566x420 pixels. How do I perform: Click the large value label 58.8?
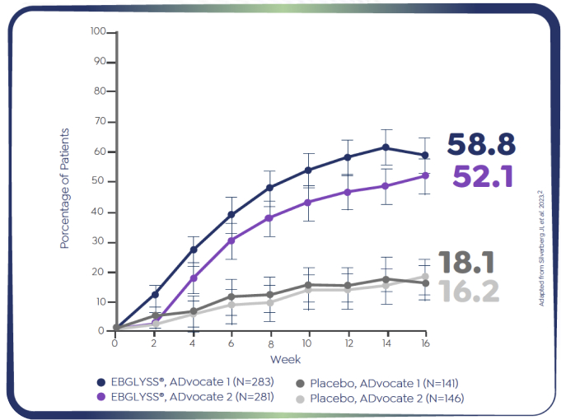pyautogui.click(x=481, y=144)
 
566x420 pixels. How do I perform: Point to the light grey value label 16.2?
pyautogui.click(x=469, y=290)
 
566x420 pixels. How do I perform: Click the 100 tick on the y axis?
pyautogui.click(x=99, y=31)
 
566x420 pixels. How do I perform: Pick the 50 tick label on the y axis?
pyautogui.click(x=101, y=181)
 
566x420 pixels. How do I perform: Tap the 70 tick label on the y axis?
pyautogui.click(x=101, y=121)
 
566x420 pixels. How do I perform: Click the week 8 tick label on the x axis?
pyautogui.click(x=269, y=342)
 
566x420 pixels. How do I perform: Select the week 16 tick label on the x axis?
pyautogui.click(x=425, y=342)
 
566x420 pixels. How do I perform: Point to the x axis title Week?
pyautogui.click(x=285, y=359)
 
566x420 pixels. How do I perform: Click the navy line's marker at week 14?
pyautogui.click(x=386, y=147)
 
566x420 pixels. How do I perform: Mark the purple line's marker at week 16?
pyautogui.click(x=425, y=175)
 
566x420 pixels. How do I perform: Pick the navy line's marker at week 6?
pyautogui.click(x=232, y=214)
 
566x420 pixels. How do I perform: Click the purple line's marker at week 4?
pyautogui.click(x=194, y=278)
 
